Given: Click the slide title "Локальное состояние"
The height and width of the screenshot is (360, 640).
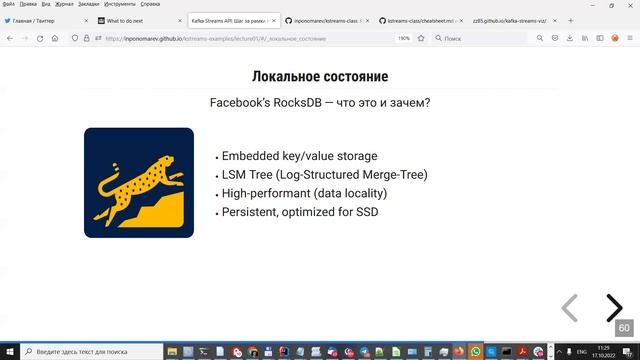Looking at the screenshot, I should coord(319,77).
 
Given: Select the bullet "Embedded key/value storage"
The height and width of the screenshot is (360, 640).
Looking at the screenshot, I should coord(299,156).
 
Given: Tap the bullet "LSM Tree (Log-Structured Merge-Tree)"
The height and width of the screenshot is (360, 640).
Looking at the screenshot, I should coord(324,175).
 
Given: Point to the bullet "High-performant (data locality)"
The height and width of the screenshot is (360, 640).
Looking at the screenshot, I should coord(304,193).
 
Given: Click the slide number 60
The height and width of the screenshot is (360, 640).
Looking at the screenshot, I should coord(624,328).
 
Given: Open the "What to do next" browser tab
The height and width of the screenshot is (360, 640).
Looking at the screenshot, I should coord(130,19).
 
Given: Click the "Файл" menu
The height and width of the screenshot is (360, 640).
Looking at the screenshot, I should coord(8,4).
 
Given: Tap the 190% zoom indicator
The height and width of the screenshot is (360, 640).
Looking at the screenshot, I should coord(404,38).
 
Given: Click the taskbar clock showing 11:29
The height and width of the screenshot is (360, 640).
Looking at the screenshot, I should coord(604,348).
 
